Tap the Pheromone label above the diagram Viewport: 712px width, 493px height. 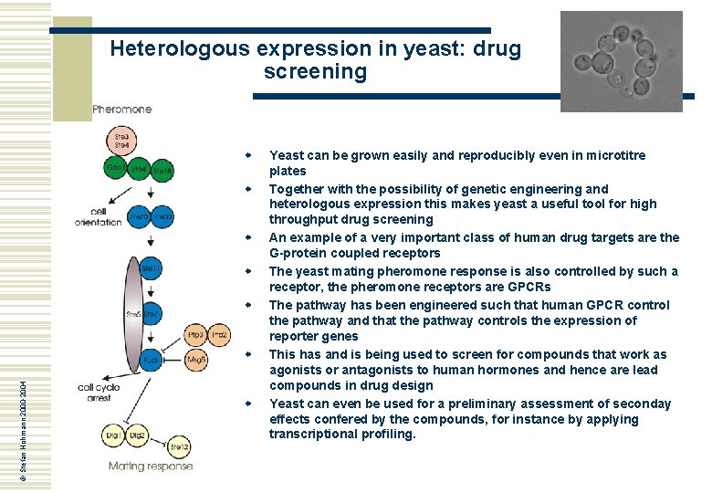click(122, 110)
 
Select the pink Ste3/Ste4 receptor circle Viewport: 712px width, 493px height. click(121, 142)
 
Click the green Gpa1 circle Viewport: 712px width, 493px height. click(116, 169)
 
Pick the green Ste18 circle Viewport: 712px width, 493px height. click(162, 171)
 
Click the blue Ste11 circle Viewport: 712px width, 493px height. click(152, 267)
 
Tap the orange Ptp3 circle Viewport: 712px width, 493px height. click(196, 336)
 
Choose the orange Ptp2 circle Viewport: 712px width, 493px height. click(220, 336)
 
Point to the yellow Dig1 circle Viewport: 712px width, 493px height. click(113, 436)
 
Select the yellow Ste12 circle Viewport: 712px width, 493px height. click(180, 446)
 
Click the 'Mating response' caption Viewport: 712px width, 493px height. click(151, 467)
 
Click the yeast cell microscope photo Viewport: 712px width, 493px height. click(621, 61)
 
